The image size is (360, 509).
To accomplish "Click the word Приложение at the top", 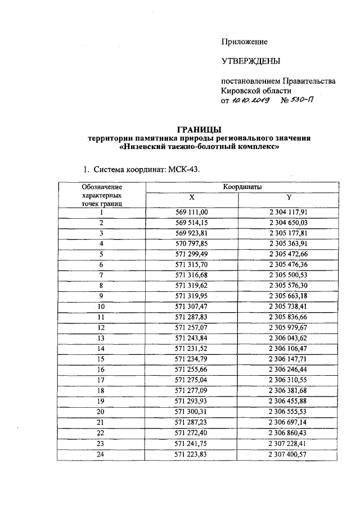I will (x=244, y=42).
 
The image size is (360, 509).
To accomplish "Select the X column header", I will (x=192, y=197).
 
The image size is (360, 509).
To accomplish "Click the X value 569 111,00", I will (x=192, y=212).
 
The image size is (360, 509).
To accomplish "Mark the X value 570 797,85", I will (x=192, y=244).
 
